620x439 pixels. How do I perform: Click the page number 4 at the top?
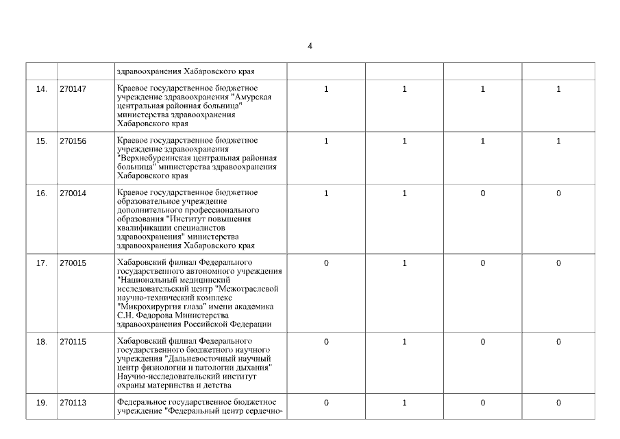310,46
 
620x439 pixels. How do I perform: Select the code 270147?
73,89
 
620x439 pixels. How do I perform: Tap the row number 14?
41,89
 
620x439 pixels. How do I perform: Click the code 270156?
73,141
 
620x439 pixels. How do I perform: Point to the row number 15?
41,141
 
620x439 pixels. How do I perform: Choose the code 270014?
73,193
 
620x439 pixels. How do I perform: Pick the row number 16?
41,193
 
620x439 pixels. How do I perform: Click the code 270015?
73,263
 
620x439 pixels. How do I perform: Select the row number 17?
41,263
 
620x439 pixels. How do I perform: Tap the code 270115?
73,342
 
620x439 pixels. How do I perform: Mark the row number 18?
41,342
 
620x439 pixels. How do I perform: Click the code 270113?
73,403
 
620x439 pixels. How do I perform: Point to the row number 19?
41,403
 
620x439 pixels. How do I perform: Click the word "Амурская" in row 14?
253,97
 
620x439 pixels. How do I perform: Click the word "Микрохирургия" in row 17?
147,307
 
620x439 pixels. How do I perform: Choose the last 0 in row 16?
558,193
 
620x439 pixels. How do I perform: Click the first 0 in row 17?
326,263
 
